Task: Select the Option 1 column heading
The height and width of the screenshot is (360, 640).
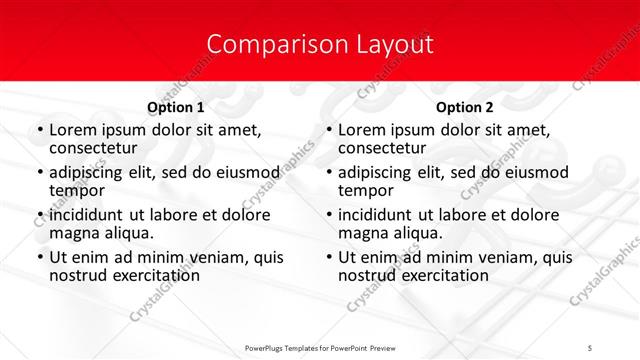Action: click(176, 107)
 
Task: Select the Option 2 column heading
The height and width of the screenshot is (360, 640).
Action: click(465, 107)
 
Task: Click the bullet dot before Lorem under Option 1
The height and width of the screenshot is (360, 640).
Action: click(39, 130)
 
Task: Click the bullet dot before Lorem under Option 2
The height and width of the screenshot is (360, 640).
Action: click(328, 130)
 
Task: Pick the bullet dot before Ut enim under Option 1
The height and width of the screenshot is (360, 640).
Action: click(39, 257)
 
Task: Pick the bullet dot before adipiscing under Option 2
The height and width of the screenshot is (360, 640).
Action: click(328, 173)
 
